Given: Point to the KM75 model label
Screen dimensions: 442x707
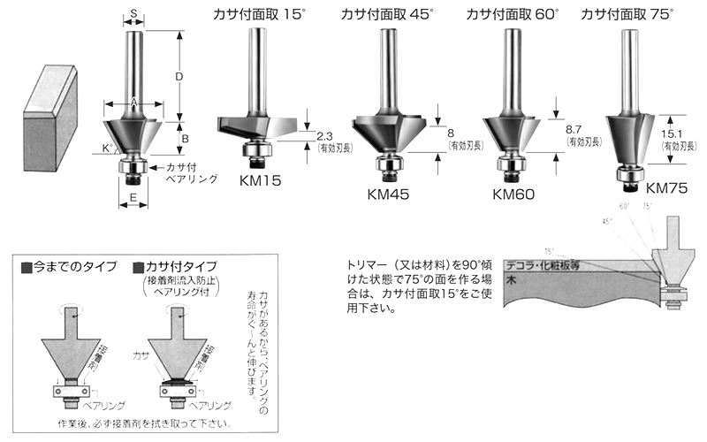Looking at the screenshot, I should (667, 187).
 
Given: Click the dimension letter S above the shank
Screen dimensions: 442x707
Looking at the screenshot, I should (133, 13).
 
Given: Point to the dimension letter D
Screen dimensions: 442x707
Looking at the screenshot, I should (179, 77).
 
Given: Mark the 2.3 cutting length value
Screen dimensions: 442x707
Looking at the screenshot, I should (323, 136).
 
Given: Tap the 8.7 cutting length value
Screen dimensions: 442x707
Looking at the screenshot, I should (573, 129).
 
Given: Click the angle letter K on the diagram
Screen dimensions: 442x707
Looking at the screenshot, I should (107, 147).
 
